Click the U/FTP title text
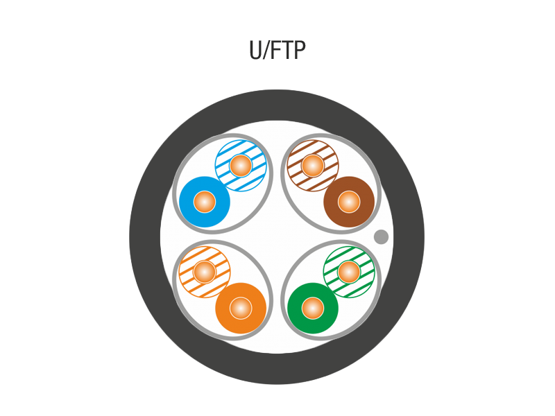click(277, 50)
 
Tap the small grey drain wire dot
click(381, 236)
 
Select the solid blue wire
click(205, 202)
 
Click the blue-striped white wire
click(241, 165)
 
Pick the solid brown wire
click(349, 202)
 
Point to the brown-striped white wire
click(313, 165)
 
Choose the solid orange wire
click(241, 308)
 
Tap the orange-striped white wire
click(205, 272)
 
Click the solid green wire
click(313, 308)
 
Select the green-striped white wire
click(349, 272)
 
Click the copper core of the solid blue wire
click(205, 202)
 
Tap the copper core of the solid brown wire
click(349, 202)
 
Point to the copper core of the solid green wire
click(313, 308)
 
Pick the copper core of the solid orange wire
click(241, 308)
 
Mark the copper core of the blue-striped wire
click(241, 165)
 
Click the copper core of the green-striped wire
click(349, 272)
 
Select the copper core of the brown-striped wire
click(313, 165)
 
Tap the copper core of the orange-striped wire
click(205, 272)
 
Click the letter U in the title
click(255, 50)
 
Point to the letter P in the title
click(300, 50)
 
